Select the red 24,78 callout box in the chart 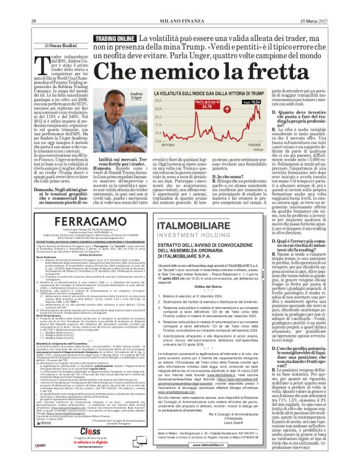pyautogui.click(x=205, y=106)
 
